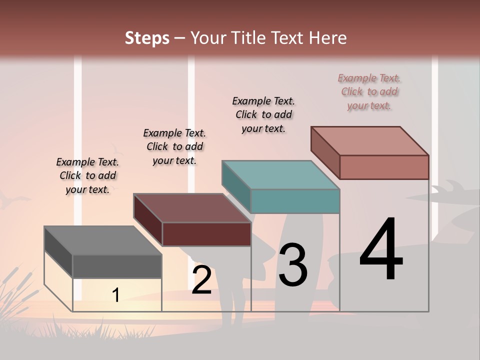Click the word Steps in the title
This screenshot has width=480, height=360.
coord(147,37)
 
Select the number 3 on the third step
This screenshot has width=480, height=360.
coord(292,265)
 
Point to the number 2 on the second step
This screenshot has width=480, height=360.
coord(202,280)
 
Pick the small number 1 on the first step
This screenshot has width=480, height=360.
coord(116,295)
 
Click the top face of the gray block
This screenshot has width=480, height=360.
coord(103,240)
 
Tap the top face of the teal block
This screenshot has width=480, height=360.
coord(281,175)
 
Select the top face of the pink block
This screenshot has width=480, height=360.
coord(370,141)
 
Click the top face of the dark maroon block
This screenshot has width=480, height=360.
coord(192,208)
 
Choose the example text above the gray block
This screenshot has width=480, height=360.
coord(87,175)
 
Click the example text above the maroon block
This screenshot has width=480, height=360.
coord(174,146)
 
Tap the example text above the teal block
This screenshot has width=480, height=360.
coord(263,114)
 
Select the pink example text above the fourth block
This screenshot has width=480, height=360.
coord(369,91)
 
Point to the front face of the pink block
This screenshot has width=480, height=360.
coord(384,167)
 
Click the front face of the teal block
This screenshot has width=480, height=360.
coord(295,201)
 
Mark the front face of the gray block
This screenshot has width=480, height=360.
coord(117,266)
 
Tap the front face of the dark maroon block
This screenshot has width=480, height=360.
coord(206,234)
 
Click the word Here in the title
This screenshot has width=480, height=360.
coord(327,37)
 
